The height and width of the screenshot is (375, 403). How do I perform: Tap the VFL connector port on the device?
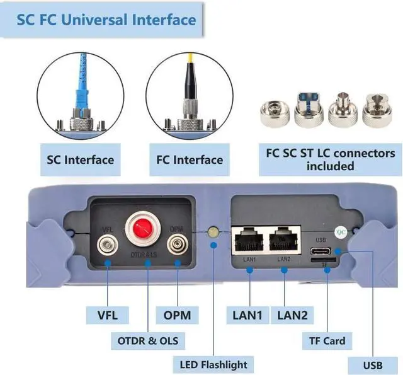coord(107,245)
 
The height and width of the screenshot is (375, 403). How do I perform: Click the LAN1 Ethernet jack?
coord(249,240)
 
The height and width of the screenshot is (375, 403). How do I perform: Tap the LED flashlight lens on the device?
coord(213,234)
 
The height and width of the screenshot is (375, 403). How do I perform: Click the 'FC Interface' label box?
coord(189,159)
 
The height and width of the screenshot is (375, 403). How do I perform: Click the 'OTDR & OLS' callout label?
coord(147,341)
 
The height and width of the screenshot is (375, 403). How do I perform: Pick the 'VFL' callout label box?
coord(107,314)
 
